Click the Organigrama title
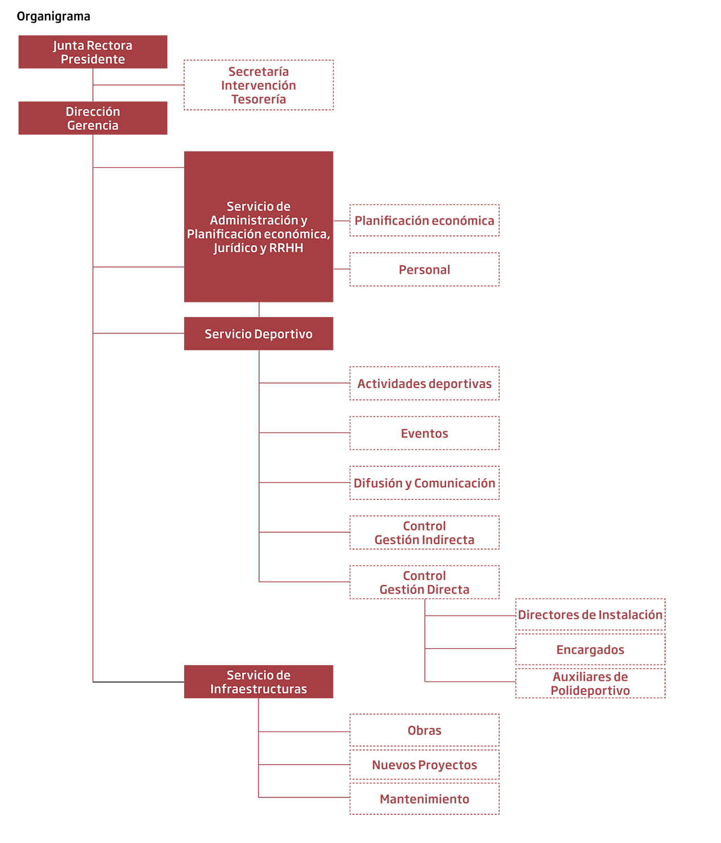(x=54, y=16)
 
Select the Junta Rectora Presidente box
(x=92, y=52)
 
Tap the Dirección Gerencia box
(x=92, y=118)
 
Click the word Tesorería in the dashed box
(x=259, y=99)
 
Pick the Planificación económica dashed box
(x=424, y=220)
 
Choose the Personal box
(x=424, y=269)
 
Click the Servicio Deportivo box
(x=259, y=333)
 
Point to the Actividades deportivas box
(x=424, y=383)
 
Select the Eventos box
(x=424, y=433)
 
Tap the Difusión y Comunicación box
(x=424, y=483)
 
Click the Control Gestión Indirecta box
(x=424, y=533)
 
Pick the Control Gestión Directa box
(x=424, y=582)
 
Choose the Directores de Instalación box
(x=590, y=614)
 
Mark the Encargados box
(x=590, y=649)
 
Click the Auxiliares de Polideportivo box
(x=590, y=683)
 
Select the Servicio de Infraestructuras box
(x=259, y=682)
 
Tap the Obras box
(x=424, y=730)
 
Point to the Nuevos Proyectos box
(x=424, y=765)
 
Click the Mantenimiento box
(x=424, y=799)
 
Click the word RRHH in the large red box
(x=286, y=248)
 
